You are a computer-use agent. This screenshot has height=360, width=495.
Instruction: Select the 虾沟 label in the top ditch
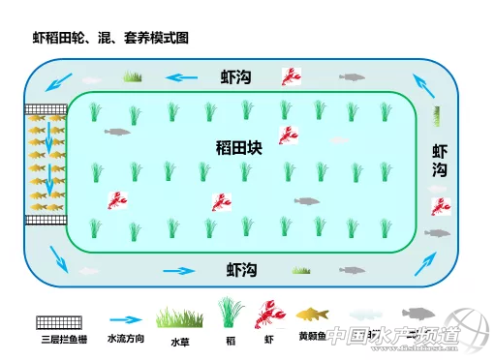click(239, 77)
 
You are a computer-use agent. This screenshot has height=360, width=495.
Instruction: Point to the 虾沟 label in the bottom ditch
click(241, 269)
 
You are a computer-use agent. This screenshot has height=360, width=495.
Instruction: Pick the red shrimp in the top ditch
click(290, 75)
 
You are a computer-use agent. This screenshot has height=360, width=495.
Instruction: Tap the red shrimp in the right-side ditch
click(442, 205)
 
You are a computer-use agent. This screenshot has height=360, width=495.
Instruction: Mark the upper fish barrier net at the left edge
click(45, 109)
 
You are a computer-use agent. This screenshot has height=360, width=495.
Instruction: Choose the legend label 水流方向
click(126, 339)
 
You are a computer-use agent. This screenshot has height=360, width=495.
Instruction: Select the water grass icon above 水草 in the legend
click(180, 316)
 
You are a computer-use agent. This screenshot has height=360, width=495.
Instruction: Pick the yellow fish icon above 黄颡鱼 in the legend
click(312, 315)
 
